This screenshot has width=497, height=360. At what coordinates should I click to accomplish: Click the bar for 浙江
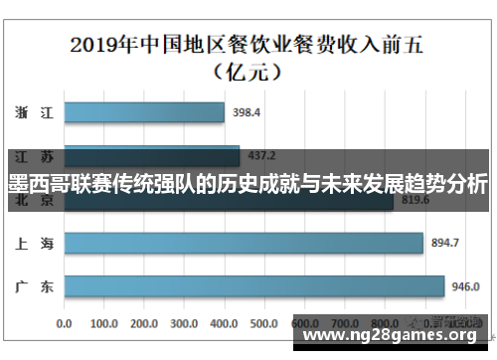click(144, 113)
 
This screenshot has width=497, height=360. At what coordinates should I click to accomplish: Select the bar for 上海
click(244, 243)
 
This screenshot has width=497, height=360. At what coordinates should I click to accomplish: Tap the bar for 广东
click(253, 286)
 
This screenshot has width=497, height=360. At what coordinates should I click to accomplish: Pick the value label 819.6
click(414, 200)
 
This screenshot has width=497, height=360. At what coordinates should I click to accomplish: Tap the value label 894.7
click(443, 243)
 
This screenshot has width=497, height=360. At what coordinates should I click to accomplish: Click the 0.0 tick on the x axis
click(65, 323)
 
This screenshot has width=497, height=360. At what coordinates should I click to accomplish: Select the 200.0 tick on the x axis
click(145, 323)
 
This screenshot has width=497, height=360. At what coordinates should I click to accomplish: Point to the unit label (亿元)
click(249, 72)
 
